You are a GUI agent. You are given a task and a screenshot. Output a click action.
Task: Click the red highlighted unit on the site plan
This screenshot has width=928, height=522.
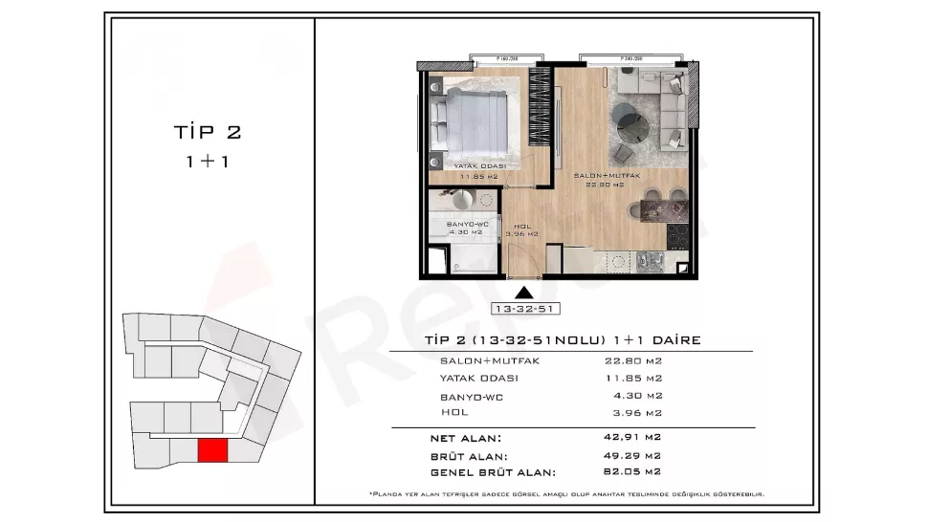[212, 450]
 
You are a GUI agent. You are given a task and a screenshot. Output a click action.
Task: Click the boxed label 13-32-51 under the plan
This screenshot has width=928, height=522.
[523, 309]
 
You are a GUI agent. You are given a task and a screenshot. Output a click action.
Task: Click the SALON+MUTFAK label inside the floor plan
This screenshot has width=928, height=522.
[606, 177]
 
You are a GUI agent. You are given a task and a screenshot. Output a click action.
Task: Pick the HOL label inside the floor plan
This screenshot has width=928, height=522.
[522, 227]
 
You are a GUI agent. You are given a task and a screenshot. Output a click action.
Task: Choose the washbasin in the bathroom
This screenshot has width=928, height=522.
[457, 199]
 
